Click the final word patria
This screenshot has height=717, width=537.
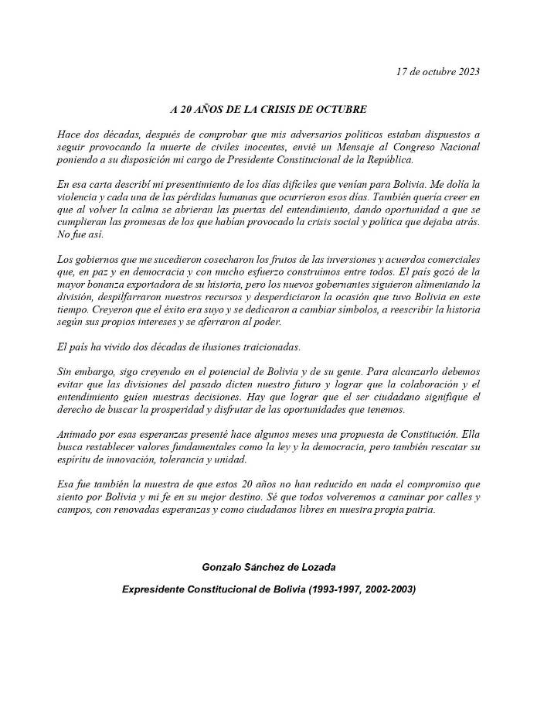418,509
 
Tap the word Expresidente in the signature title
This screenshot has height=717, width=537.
152,589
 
